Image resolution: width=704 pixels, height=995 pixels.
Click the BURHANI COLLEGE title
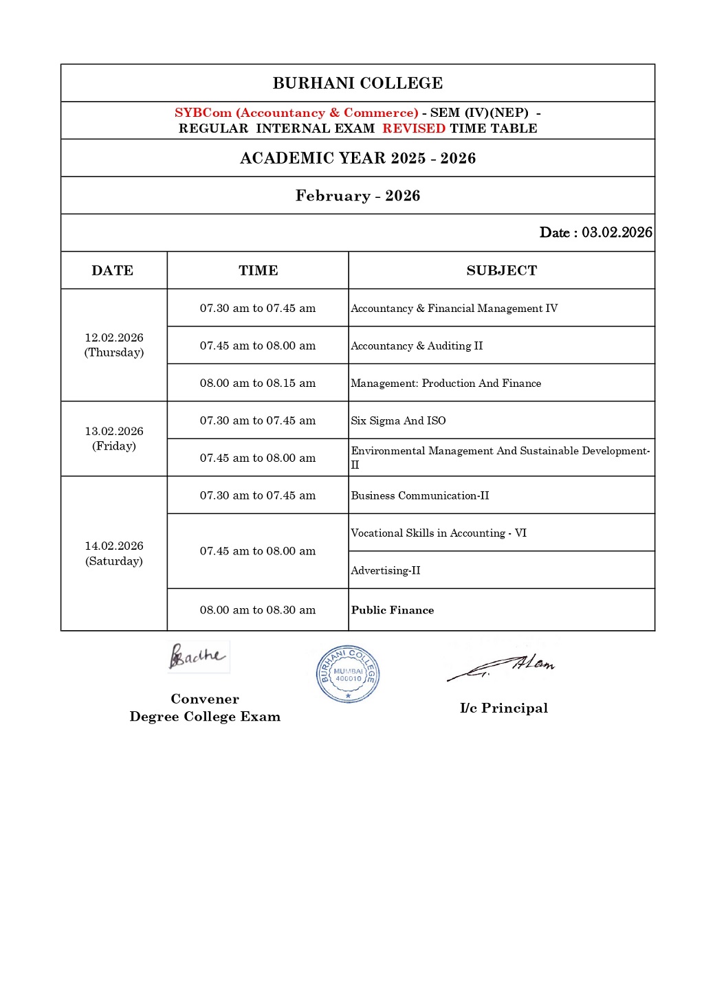(357, 83)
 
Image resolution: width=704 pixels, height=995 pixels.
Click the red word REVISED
(414, 128)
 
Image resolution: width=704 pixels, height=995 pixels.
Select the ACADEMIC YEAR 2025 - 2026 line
(357, 158)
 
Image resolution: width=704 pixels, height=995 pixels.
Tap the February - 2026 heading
(357, 196)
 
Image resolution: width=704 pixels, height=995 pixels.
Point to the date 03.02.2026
(617, 232)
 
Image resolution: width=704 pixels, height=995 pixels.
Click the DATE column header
(113, 271)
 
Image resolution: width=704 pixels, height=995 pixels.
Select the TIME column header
(258, 271)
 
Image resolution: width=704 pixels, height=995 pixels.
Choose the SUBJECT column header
(501, 271)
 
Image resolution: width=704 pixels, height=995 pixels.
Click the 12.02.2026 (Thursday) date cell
(114, 345)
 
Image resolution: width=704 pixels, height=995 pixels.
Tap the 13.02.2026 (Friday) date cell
(114, 438)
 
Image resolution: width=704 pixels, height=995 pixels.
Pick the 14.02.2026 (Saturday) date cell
(114, 553)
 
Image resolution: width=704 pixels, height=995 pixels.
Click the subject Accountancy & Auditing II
(417, 346)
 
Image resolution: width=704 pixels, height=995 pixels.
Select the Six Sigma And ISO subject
(398, 421)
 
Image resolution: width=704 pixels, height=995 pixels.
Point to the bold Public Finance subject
(393, 610)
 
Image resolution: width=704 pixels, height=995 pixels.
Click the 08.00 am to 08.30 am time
(258, 610)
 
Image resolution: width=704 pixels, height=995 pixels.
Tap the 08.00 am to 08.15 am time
(258, 383)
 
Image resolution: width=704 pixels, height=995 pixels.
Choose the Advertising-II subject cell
(386, 570)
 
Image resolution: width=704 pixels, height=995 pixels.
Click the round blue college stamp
(348, 674)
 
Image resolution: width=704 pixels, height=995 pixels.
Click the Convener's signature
(197, 656)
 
